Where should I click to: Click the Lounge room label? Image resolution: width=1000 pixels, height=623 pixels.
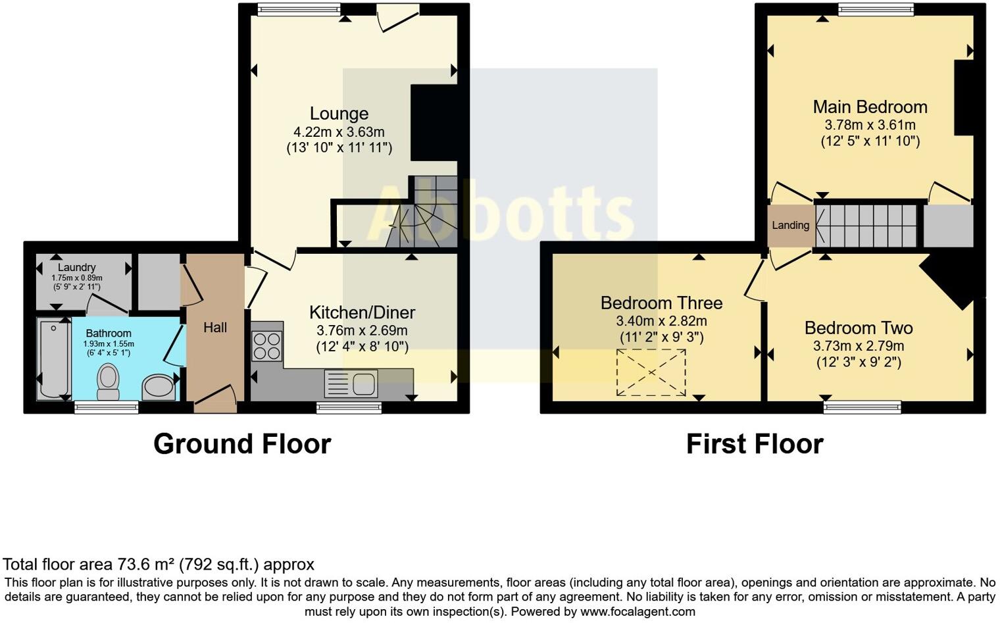coord(339,114)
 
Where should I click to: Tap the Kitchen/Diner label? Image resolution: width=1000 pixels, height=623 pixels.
coord(362,312)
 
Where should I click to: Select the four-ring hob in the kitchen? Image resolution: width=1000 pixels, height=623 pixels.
coord(266,345)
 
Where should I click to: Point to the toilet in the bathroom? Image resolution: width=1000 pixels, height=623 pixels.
coord(108,382)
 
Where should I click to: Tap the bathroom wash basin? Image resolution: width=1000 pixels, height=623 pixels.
coord(159,387)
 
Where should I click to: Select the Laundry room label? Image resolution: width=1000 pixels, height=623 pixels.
coord(76,268)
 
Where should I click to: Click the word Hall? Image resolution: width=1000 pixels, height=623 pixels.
coord(215,328)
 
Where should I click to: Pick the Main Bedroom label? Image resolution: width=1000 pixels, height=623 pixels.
coord(870,107)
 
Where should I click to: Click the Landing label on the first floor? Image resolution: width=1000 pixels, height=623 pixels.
coord(790,226)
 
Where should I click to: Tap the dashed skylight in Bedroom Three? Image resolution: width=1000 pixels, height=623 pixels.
coord(651,372)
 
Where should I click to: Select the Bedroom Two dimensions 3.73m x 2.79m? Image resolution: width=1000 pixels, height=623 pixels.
coord(859,346)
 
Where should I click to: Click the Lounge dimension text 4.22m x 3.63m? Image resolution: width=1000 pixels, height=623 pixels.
coord(339,132)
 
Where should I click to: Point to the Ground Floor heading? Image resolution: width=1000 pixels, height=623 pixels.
coord(242,444)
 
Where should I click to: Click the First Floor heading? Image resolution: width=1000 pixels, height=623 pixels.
coord(755,444)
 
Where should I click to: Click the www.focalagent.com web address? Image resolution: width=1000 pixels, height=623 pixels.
coord(637,612)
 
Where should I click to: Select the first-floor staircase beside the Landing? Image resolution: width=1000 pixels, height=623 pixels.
coord(866,226)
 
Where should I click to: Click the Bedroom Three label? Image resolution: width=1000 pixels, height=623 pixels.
coord(661,303)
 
